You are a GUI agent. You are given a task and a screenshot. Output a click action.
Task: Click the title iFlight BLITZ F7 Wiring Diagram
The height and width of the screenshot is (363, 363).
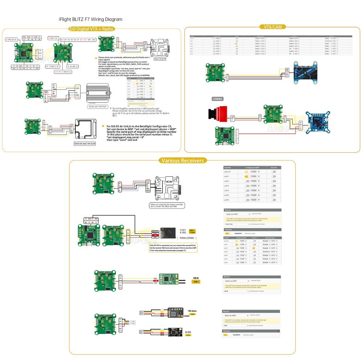(90, 19)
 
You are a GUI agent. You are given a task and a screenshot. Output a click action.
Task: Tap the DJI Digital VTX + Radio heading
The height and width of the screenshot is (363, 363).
(91, 29)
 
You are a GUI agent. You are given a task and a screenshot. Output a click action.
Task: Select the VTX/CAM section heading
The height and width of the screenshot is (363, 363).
(272, 26)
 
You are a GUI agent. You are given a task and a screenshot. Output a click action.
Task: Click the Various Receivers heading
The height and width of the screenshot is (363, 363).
(183, 160)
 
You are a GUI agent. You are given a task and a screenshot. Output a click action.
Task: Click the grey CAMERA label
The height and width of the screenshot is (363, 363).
(217, 99)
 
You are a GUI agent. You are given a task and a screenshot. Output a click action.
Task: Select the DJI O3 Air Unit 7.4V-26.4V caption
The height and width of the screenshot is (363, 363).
(85, 144)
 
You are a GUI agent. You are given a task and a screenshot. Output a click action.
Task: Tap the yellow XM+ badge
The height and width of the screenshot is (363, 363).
(196, 282)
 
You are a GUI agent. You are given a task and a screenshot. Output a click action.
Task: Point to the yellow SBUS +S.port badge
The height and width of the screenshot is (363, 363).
(192, 231)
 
